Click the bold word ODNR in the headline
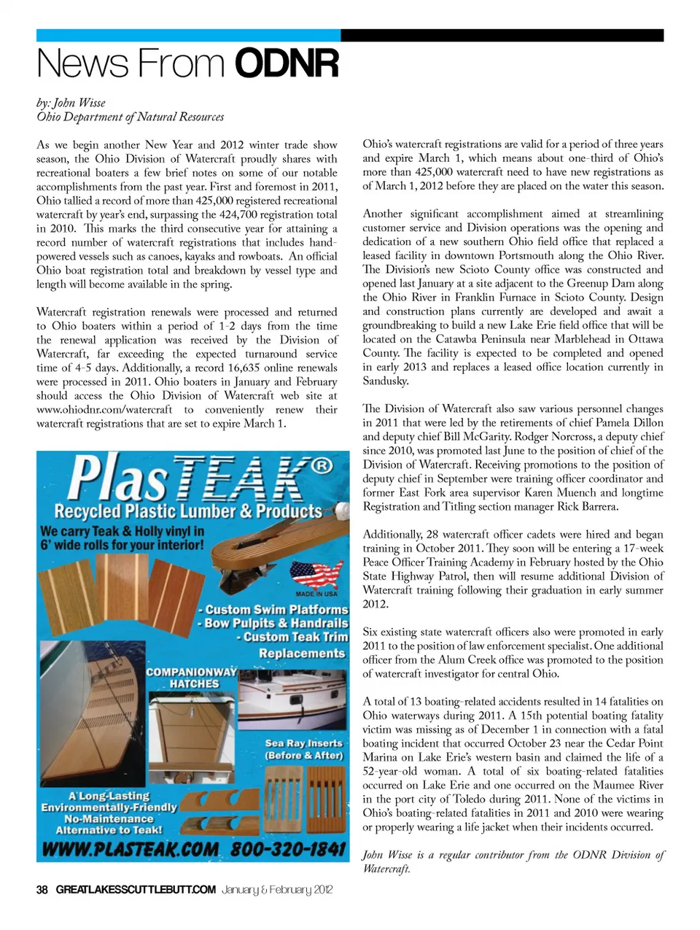pos(287,63)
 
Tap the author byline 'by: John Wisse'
pos(71,103)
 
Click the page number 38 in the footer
pos(42,889)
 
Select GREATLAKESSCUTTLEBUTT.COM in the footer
pos(136,889)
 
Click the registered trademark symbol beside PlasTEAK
pos(322,465)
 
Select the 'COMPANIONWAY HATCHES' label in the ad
pos(192,678)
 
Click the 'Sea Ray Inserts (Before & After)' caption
pos(303,749)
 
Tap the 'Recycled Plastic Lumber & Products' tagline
pos(188,511)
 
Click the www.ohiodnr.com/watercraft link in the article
pos(104,410)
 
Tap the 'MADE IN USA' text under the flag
pos(316,594)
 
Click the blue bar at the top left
pos(188,35)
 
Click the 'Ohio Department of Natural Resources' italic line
pos(130,117)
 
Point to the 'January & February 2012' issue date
pos(277,889)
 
